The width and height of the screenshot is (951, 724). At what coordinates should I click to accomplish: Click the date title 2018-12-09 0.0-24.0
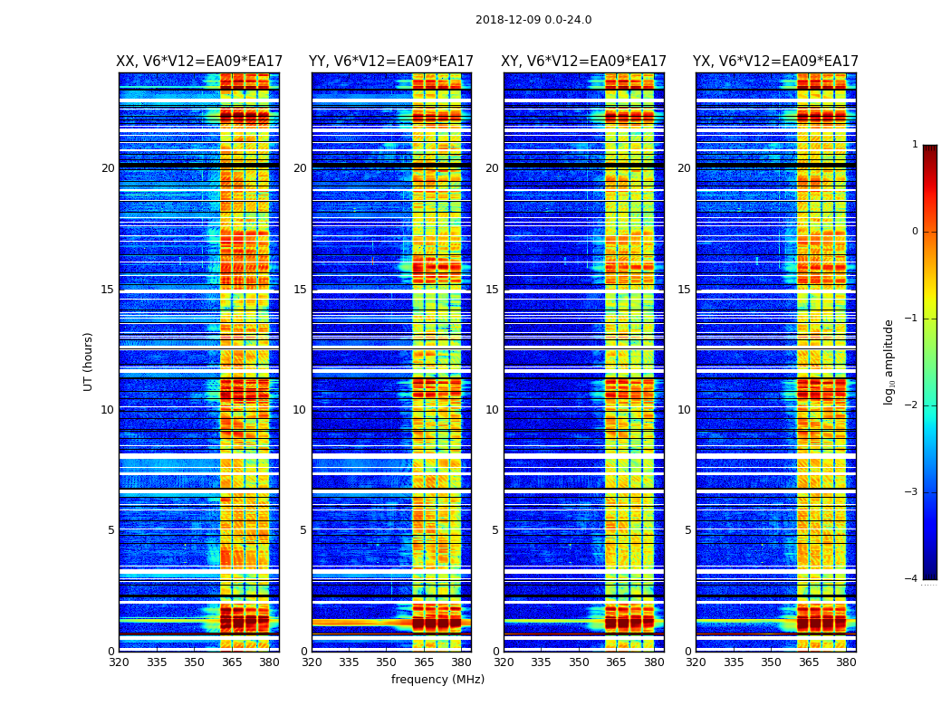point(533,20)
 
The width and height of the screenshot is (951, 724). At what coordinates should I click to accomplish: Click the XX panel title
point(199,62)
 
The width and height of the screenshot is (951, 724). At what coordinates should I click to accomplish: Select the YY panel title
point(391,62)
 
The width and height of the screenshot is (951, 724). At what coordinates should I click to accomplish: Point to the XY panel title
point(584,62)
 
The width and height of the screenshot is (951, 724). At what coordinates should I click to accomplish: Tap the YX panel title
point(776,62)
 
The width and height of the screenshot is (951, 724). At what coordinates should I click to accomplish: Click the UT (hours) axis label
point(89,361)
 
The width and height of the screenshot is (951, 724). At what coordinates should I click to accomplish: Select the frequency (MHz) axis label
point(437,680)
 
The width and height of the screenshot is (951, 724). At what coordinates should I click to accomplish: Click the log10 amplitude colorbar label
point(889,361)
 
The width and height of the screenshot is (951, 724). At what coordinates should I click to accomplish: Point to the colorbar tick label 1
point(915,145)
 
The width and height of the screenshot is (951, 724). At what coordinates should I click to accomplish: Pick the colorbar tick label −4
point(912,579)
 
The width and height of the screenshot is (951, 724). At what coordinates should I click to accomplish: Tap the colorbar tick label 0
point(915,232)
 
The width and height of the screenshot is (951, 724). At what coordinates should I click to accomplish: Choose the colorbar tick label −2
point(912,405)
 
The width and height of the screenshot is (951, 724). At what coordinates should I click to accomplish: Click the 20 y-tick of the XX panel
point(108,168)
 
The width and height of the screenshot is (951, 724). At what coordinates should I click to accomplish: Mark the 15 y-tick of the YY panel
point(300,290)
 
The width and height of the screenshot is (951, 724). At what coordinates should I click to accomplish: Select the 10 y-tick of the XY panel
point(492,410)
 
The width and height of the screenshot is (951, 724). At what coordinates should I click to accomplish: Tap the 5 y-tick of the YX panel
point(687,530)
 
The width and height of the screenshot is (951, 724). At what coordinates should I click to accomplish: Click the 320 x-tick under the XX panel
point(119,662)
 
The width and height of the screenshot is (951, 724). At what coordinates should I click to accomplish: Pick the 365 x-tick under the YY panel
point(424,662)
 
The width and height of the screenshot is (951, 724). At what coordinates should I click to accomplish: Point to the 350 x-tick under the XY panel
point(579,662)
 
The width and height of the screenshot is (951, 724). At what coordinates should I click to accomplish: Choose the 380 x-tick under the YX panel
point(846,662)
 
